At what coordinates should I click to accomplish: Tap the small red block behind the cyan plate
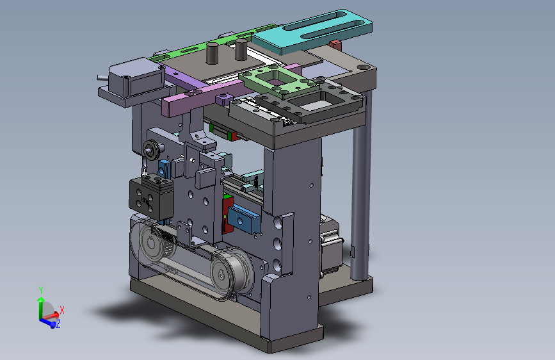336,45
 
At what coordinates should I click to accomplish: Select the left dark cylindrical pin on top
212,53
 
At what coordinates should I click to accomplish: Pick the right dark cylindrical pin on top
241,49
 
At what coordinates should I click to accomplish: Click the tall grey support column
361,184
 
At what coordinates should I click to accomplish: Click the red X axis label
62,310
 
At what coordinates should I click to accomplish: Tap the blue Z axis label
58,323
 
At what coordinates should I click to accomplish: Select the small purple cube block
223,99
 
